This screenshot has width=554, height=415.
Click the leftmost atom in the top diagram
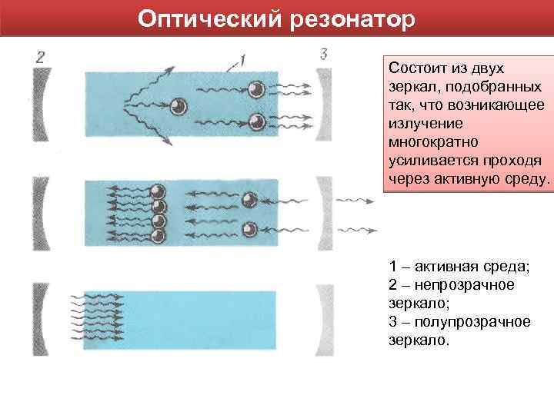[x=179, y=106]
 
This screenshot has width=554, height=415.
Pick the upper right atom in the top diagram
[x=256, y=88]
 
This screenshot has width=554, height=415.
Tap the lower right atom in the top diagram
[x=256, y=121]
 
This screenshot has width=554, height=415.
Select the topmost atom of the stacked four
[x=159, y=192]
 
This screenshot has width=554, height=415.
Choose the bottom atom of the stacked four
[x=159, y=235]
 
